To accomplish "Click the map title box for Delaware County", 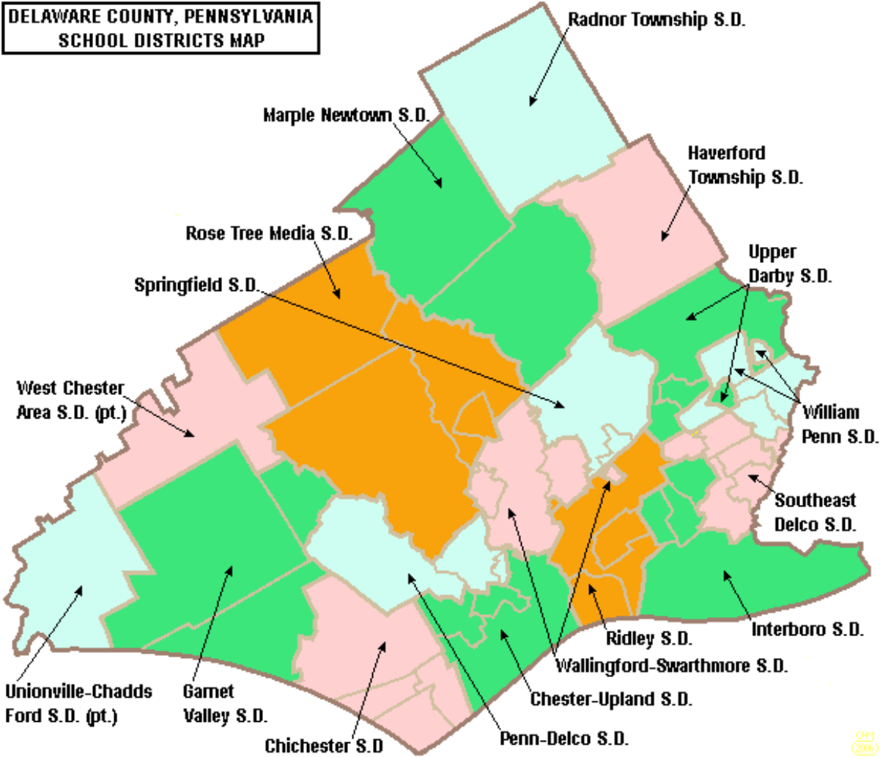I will (x=160, y=28).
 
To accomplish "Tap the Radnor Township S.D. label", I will (x=657, y=20).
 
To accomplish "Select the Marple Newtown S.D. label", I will (x=346, y=115).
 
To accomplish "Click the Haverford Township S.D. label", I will (x=744, y=165).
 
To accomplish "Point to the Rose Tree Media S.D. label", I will (x=269, y=234).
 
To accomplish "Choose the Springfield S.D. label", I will (x=196, y=284).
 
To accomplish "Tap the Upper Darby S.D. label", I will (x=789, y=264).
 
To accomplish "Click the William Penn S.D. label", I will (x=839, y=424).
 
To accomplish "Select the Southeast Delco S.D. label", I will (x=815, y=512).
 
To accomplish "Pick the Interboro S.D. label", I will (x=807, y=629).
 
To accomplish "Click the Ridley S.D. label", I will (x=648, y=639).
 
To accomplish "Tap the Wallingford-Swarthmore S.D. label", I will (x=671, y=666).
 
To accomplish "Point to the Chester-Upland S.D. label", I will (x=611, y=699).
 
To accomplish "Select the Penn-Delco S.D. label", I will (x=563, y=738).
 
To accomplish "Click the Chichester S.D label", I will (x=324, y=746).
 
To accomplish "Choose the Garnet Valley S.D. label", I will (x=225, y=703).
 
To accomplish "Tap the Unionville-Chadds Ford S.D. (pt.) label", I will (x=78, y=703).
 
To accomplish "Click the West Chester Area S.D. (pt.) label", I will (x=71, y=400).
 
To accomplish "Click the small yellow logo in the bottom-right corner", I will (x=862, y=742).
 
